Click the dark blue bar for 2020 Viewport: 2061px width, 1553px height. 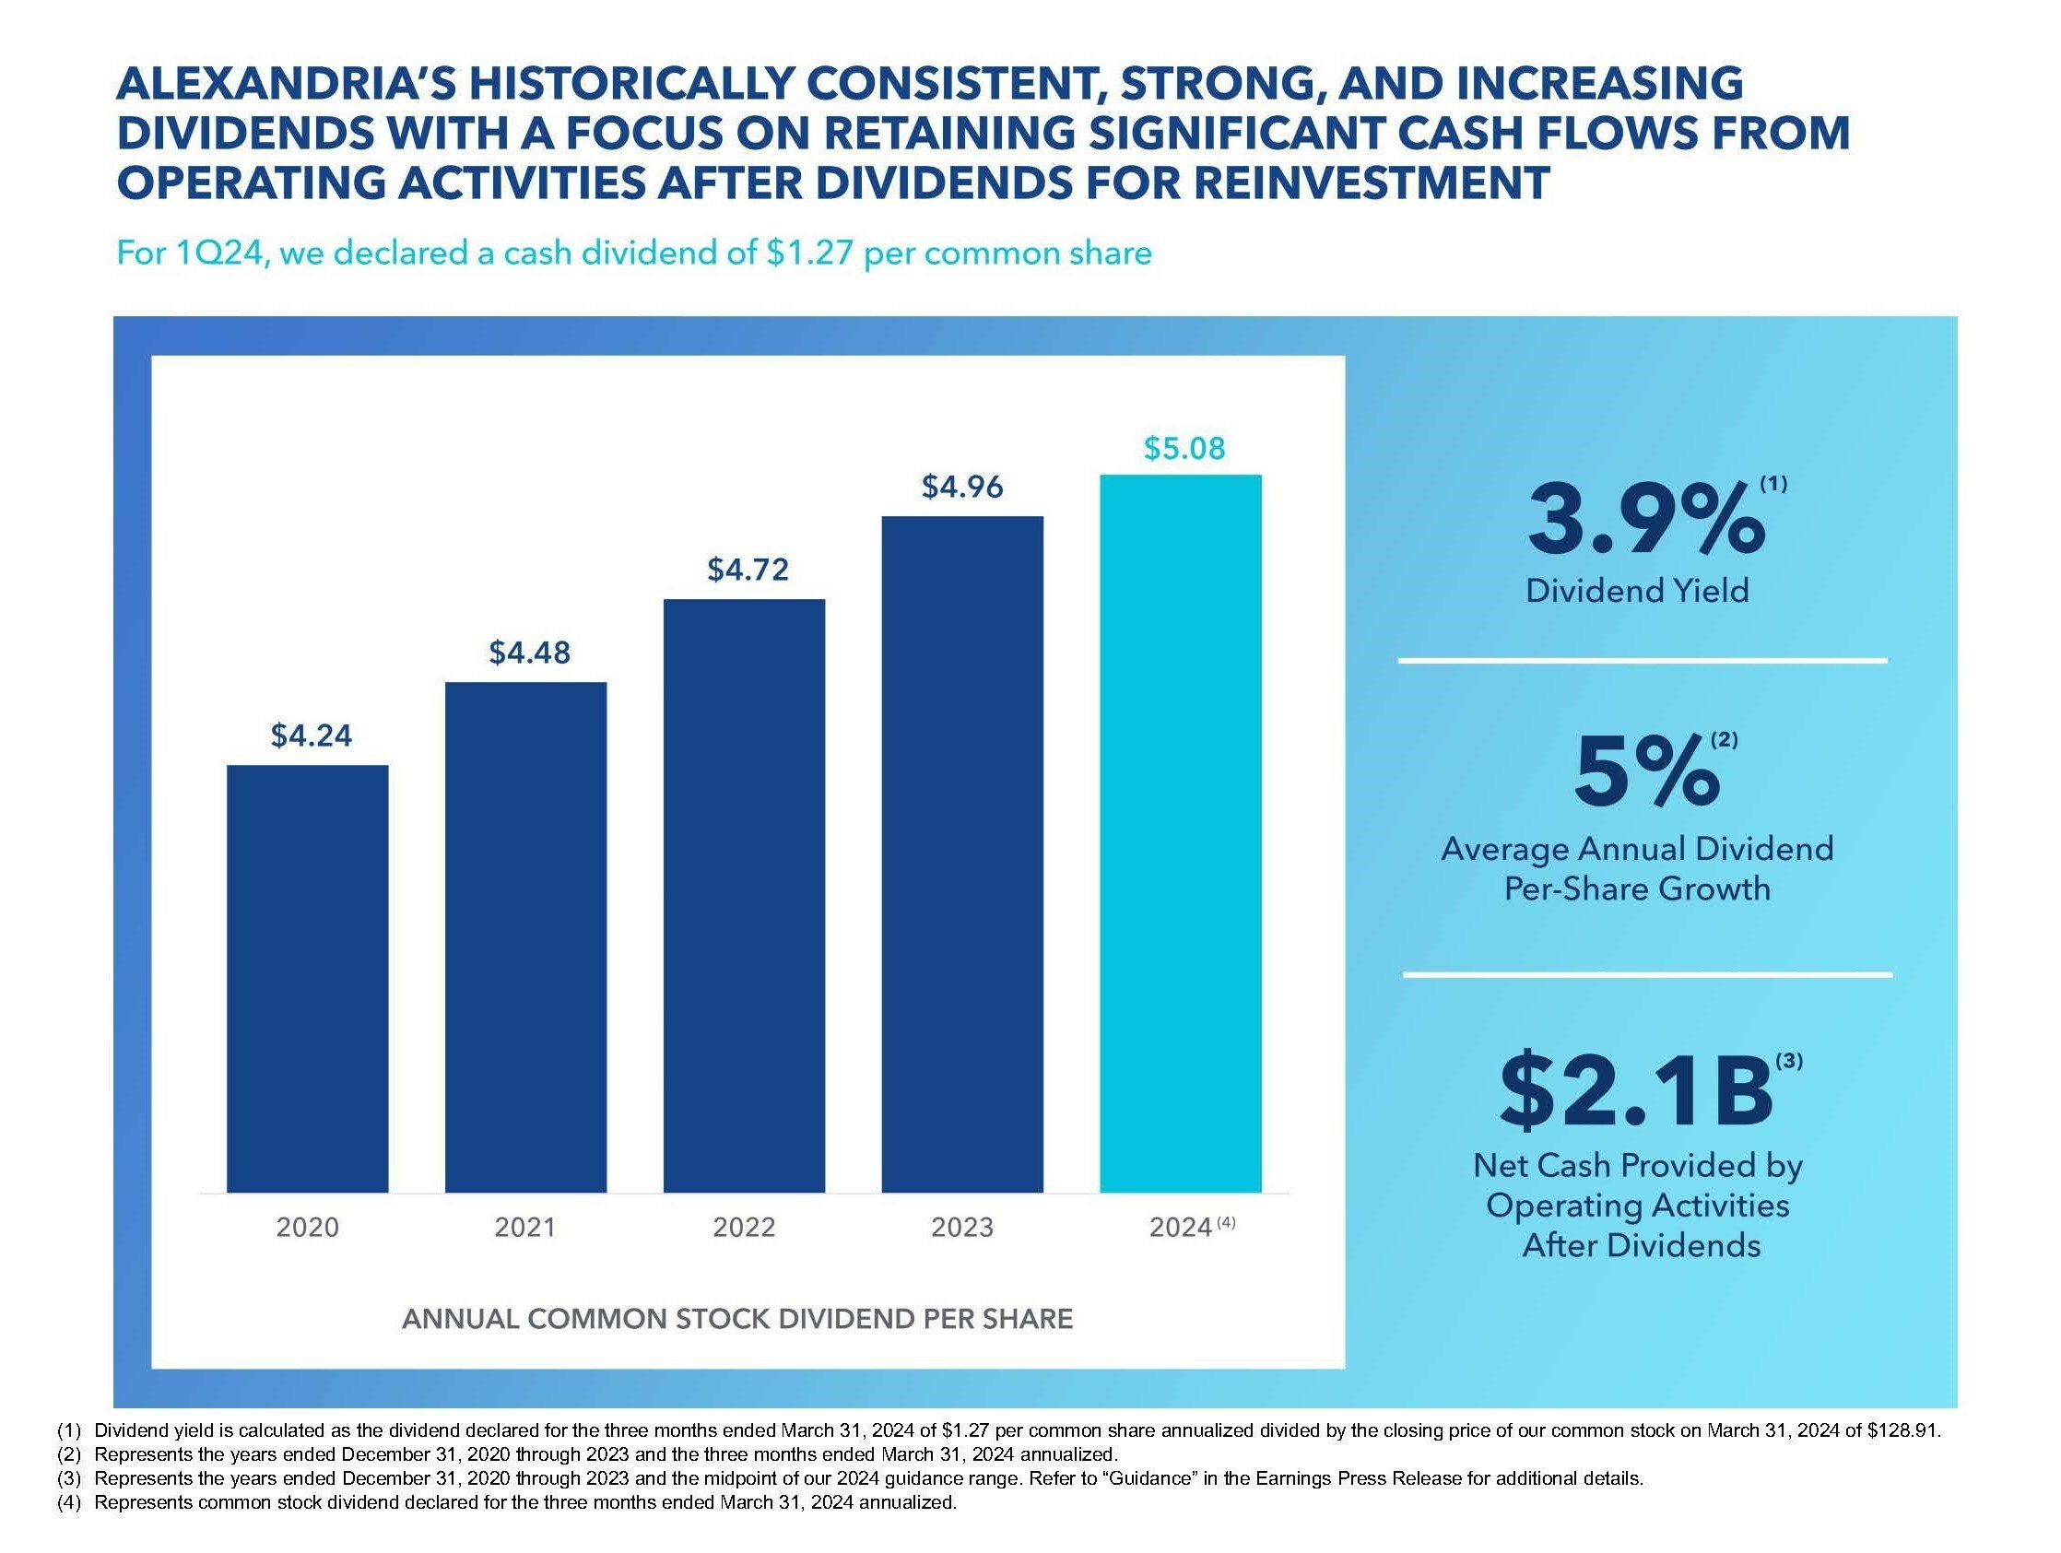[x=308, y=978]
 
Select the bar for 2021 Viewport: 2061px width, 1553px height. [x=525, y=936]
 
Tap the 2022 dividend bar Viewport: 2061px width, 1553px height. [x=744, y=894]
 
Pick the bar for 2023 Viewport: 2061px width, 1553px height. [x=962, y=853]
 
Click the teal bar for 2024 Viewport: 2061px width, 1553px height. [x=1181, y=833]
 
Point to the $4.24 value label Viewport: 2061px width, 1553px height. [x=312, y=736]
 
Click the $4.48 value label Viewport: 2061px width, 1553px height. [x=529, y=653]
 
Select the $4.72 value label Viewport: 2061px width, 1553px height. [x=748, y=570]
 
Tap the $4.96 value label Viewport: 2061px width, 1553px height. [x=962, y=487]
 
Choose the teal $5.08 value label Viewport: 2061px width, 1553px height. [x=1184, y=448]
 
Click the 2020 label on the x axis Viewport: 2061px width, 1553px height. [x=308, y=1227]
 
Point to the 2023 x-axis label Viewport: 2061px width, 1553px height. [x=962, y=1227]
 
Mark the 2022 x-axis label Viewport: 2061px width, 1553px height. [x=744, y=1227]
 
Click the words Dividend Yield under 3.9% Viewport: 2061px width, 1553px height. [x=1637, y=591]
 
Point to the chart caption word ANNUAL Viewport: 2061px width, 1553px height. [x=460, y=1319]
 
